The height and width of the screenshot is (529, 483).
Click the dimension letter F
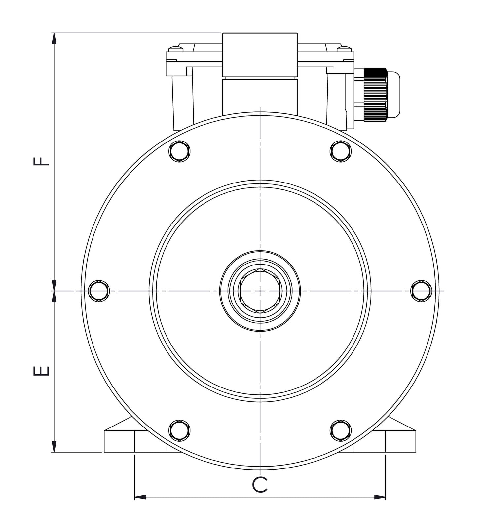click(x=42, y=161)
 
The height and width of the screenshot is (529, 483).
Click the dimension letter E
click(x=42, y=371)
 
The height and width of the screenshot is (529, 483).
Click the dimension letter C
click(x=260, y=485)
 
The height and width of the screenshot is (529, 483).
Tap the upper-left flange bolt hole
click(x=179, y=151)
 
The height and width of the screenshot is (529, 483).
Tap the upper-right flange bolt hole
click(x=341, y=151)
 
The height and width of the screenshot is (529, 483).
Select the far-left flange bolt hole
click(x=99, y=291)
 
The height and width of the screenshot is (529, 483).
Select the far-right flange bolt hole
click(x=421, y=291)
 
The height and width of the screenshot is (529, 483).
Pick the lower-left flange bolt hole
click(x=179, y=430)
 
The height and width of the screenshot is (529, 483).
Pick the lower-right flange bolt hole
click(x=341, y=430)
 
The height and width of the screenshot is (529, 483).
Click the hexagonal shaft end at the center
click(x=260, y=291)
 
